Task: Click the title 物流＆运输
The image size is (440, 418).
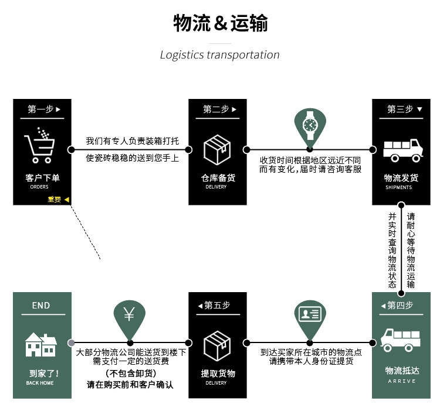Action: pyautogui.click(x=220, y=23)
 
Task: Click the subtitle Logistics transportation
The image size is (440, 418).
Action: pyautogui.click(x=220, y=55)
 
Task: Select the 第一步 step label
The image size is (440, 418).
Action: pyautogui.click(x=44, y=109)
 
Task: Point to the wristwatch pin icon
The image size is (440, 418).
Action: pyautogui.click(x=309, y=125)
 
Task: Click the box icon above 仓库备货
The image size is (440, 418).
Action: pyautogui.click(x=217, y=149)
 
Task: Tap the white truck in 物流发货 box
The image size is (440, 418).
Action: pyautogui.click(x=402, y=149)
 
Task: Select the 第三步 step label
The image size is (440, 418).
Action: pyautogui.click(x=404, y=109)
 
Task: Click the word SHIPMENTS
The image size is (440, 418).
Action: pyautogui.click(x=398, y=188)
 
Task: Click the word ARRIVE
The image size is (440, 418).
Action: pyautogui.click(x=401, y=381)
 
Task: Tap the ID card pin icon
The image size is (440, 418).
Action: pyautogui.click(x=309, y=316)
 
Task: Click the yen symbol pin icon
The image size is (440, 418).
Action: pyautogui.click(x=129, y=316)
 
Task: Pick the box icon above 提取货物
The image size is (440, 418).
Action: pyautogui.click(x=217, y=345)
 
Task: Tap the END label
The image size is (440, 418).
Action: pyautogui.click(x=41, y=305)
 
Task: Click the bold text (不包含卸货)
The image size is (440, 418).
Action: pyautogui.click(x=131, y=374)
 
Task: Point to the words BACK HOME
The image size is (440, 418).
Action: pyautogui.click(x=40, y=383)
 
